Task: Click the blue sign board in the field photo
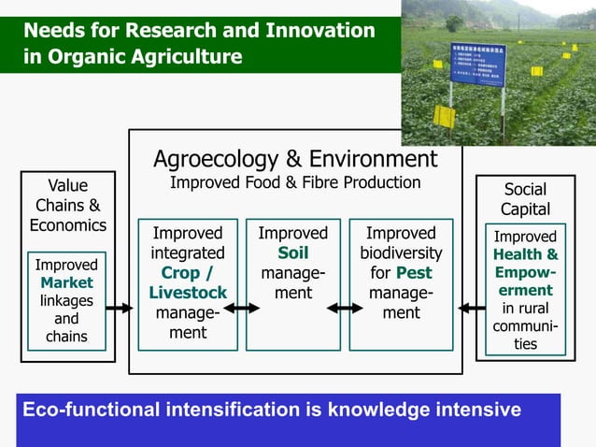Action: point(477,63)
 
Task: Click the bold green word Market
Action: point(66,282)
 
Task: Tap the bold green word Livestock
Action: point(188,293)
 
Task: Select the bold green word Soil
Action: point(292,253)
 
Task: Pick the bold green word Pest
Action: point(414,273)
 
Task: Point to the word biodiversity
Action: point(401,253)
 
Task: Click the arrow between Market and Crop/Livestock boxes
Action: point(120,308)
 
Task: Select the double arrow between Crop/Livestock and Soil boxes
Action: point(241,308)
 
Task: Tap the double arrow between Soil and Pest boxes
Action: point(344,308)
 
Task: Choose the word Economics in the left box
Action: point(67,224)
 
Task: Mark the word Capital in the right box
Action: point(525,209)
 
